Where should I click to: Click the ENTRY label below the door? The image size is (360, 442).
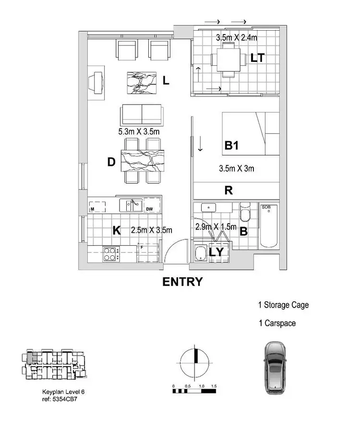[182, 282]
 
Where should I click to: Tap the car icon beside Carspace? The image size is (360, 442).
[276, 368]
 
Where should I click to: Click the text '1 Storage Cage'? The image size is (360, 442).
[283, 305]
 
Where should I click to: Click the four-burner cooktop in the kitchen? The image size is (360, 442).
[110, 253]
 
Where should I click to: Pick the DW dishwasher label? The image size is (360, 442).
[149, 209]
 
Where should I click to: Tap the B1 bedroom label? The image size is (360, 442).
[232, 145]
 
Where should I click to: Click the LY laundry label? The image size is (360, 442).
[216, 252]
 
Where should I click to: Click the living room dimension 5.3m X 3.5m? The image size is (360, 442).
[139, 131]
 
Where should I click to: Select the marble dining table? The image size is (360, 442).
[143, 160]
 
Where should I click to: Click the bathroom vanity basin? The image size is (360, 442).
[209, 207]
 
